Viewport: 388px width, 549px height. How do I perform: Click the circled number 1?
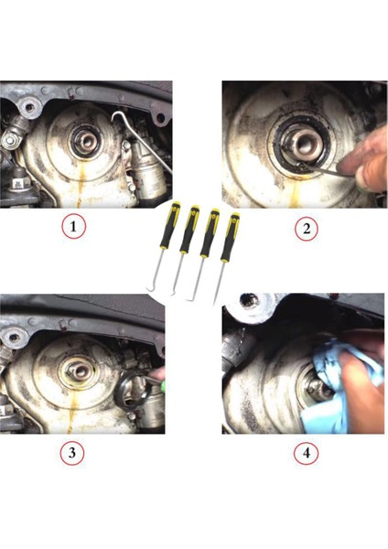click(73, 227)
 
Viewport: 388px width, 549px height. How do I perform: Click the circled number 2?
click(307, 229)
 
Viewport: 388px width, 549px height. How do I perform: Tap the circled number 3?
click(71, 453)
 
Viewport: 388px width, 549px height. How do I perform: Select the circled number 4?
click(306, 453)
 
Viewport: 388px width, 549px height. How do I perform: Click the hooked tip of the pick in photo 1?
click(115, 116)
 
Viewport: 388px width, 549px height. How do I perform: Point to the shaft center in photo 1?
click(85, 141)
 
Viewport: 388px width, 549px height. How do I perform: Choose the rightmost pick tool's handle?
click(230, 238)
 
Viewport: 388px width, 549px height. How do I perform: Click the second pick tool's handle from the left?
click(189, 230)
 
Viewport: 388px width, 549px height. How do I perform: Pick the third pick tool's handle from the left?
click(210, 232)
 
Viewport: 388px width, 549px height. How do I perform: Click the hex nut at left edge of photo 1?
click(9, 141)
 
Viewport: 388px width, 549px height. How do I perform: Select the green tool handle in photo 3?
click(162, 384)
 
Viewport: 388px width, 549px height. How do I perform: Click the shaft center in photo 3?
click(80, 372)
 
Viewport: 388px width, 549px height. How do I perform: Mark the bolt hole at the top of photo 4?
click(250, 300)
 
